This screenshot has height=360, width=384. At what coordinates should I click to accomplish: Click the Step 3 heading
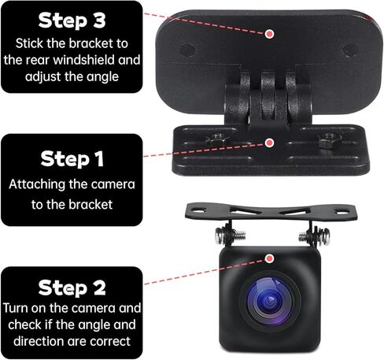pos(72,20)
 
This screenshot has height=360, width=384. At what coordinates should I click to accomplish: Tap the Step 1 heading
pos(72,158)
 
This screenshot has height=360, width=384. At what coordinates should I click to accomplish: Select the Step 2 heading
pos(72,287)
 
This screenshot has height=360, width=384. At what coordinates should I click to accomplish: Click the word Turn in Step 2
pos(19,307)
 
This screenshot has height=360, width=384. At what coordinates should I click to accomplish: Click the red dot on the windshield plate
pos(270,34)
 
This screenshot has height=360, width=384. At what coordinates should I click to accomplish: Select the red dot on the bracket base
pos(270,143)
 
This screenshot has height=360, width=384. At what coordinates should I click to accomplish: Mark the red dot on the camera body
pos(270,258)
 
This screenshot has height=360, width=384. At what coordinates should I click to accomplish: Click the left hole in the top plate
pos(187,49)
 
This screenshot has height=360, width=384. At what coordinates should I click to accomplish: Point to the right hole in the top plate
pos(350,49)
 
